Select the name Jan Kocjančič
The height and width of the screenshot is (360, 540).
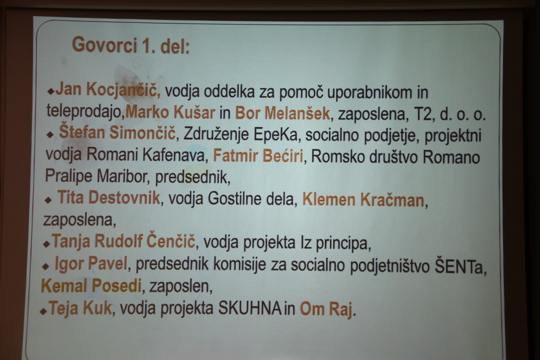108,90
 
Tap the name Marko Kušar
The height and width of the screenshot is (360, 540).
171,113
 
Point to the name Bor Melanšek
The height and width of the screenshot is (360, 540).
282,113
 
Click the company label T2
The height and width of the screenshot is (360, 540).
423,114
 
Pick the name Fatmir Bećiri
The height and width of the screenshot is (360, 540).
258,155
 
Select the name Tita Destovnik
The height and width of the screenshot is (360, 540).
109,198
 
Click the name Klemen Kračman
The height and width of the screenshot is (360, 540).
363,200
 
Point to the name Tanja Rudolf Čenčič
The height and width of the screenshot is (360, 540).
123,241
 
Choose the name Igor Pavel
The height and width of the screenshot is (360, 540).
91,263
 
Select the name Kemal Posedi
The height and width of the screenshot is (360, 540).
91,286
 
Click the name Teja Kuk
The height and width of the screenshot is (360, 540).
80,307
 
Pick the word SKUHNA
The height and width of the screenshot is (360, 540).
250,308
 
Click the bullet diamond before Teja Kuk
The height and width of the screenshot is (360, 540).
43,311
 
